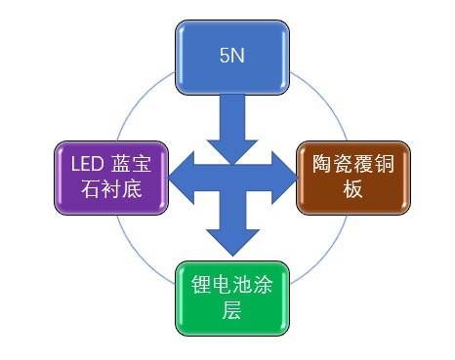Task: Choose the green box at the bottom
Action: tap(231, 299)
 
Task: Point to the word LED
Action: tap(77, 162)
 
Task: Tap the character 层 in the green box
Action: tap(231, 313)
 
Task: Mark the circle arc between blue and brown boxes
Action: tap(314, 98)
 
